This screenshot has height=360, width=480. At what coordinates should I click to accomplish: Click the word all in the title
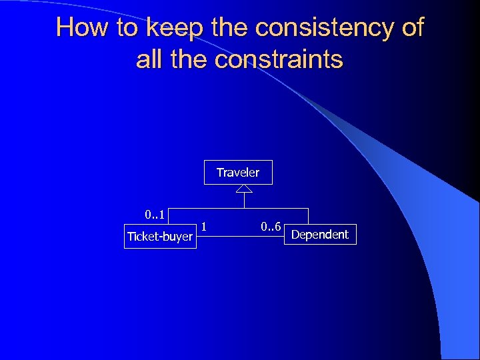(x=150, y=60)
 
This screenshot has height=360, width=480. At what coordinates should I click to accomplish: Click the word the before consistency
(x=229, y=28)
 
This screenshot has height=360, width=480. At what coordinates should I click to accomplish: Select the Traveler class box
(x=238, y=173)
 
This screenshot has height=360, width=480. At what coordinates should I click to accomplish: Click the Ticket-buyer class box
(x=160, y=237)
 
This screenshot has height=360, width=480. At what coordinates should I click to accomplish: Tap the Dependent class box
(x=320, y=235)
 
